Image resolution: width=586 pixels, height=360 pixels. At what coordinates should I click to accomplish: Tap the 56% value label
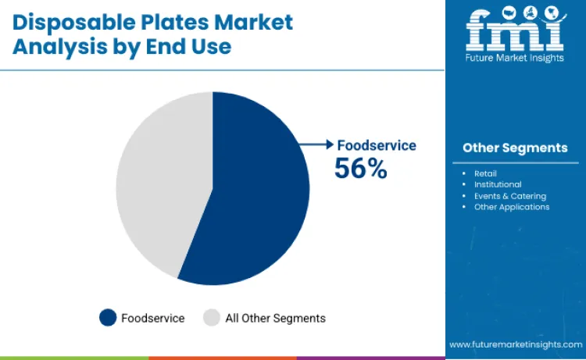click(360, 168)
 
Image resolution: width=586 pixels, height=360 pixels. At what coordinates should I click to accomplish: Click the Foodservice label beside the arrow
click(377, 145)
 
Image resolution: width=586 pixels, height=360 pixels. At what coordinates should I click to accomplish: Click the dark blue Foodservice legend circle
click(108, 318)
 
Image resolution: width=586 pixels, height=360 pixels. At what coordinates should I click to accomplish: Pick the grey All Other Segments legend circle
click(212, 318)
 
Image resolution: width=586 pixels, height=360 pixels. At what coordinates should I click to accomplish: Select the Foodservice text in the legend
click(153, 318)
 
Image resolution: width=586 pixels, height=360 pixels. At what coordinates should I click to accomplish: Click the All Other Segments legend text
click(275, 318)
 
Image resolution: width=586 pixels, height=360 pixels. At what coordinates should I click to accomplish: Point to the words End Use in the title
click(192, 46)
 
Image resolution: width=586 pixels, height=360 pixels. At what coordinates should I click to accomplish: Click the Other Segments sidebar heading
click(515, 148)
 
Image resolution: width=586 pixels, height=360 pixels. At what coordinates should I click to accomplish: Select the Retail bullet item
click(485, 173)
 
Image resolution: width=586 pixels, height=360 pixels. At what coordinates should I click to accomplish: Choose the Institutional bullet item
click(498, 184)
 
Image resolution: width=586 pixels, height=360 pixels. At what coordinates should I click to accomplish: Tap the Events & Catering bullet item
click(510, 196)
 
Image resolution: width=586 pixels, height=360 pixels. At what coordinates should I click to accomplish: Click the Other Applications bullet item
click(512, 207)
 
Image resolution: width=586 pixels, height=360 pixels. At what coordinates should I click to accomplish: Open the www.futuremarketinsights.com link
click(515, 344)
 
